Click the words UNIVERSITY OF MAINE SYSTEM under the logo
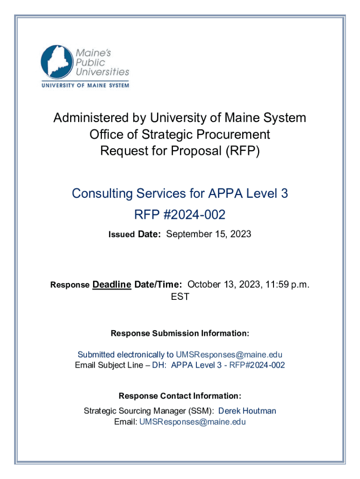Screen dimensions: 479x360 click(x=85, y=86)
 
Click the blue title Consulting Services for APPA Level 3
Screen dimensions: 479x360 click(x=180, y=193)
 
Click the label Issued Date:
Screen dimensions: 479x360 click(x=135, y=234)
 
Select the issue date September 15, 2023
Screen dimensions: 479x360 click(x=209, y=234)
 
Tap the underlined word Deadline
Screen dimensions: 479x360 click(x=112, y=284)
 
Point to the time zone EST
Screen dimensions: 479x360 click(x=180, y=297)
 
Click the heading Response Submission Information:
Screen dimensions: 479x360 click(x=180, y=334)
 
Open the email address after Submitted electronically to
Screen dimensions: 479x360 click(x=229, y=355)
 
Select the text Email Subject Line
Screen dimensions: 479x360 click(x=109, y=365)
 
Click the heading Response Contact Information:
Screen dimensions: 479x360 click(x=180, y=396)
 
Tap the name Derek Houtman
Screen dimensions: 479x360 click(x=247, y=411)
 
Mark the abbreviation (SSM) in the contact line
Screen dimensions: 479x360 click(x=203, y=411)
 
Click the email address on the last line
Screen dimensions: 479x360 click(x=193, y=422)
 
